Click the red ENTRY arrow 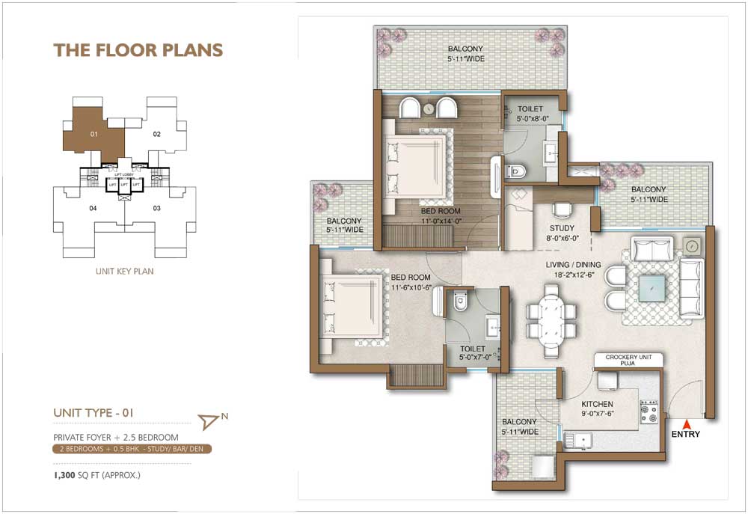(687, 425)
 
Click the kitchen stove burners (648, 411)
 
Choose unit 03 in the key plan (157, 208)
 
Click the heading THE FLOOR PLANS (138, 50)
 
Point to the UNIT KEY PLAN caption (124, 272)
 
